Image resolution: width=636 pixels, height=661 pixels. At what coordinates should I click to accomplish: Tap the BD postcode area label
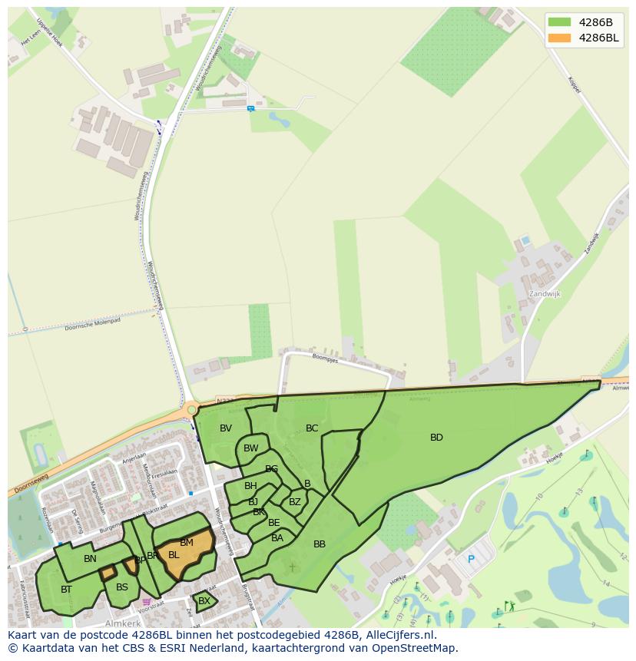436,438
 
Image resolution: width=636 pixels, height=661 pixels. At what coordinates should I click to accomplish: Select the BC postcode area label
312,428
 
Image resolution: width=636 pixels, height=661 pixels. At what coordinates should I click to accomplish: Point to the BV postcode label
226,428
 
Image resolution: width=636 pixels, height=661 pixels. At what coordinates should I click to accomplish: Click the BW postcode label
251,448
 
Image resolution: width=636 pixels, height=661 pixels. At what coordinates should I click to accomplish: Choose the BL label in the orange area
174,555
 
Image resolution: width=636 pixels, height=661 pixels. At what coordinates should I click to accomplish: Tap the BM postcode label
187,543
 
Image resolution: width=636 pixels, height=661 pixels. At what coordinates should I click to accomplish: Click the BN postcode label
90,559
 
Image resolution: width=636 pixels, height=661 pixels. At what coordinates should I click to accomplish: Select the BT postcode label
66,590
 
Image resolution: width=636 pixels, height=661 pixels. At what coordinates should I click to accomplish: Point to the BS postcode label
122,587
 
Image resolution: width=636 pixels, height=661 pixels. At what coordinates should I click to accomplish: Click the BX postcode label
204,601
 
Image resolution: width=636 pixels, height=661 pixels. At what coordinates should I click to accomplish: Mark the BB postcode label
320,544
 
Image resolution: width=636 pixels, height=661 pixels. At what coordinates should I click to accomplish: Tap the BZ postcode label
295,502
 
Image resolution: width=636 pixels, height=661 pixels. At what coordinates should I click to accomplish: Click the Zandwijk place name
545,294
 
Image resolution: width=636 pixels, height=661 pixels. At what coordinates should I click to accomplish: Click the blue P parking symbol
471,560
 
